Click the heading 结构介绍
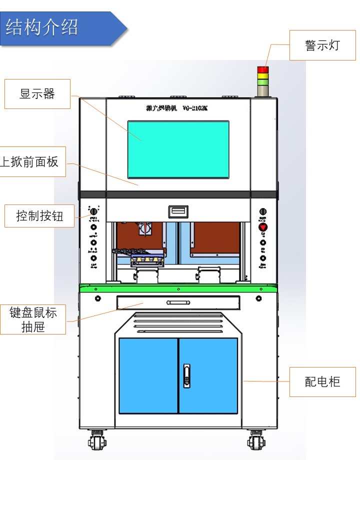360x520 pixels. [42, 28]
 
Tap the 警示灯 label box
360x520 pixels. [322, 45]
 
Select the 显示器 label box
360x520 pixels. [37, 93]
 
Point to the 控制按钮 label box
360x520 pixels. [39, 216]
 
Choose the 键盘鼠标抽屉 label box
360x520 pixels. [33, 319]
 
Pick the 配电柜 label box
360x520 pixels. [322, 382]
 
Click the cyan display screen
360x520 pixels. [178, 149]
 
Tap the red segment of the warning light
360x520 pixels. [262, 69]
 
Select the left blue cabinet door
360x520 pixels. [148, 375]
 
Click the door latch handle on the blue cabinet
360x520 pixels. [186, 375]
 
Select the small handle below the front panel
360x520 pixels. [178, 212]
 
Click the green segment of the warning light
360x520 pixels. [262, 82]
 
